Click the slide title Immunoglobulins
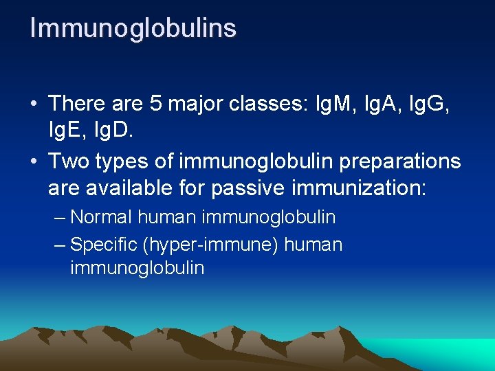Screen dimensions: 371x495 [133, 28]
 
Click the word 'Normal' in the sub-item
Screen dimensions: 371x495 [101, 218]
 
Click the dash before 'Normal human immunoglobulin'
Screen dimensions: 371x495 [60, 218]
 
